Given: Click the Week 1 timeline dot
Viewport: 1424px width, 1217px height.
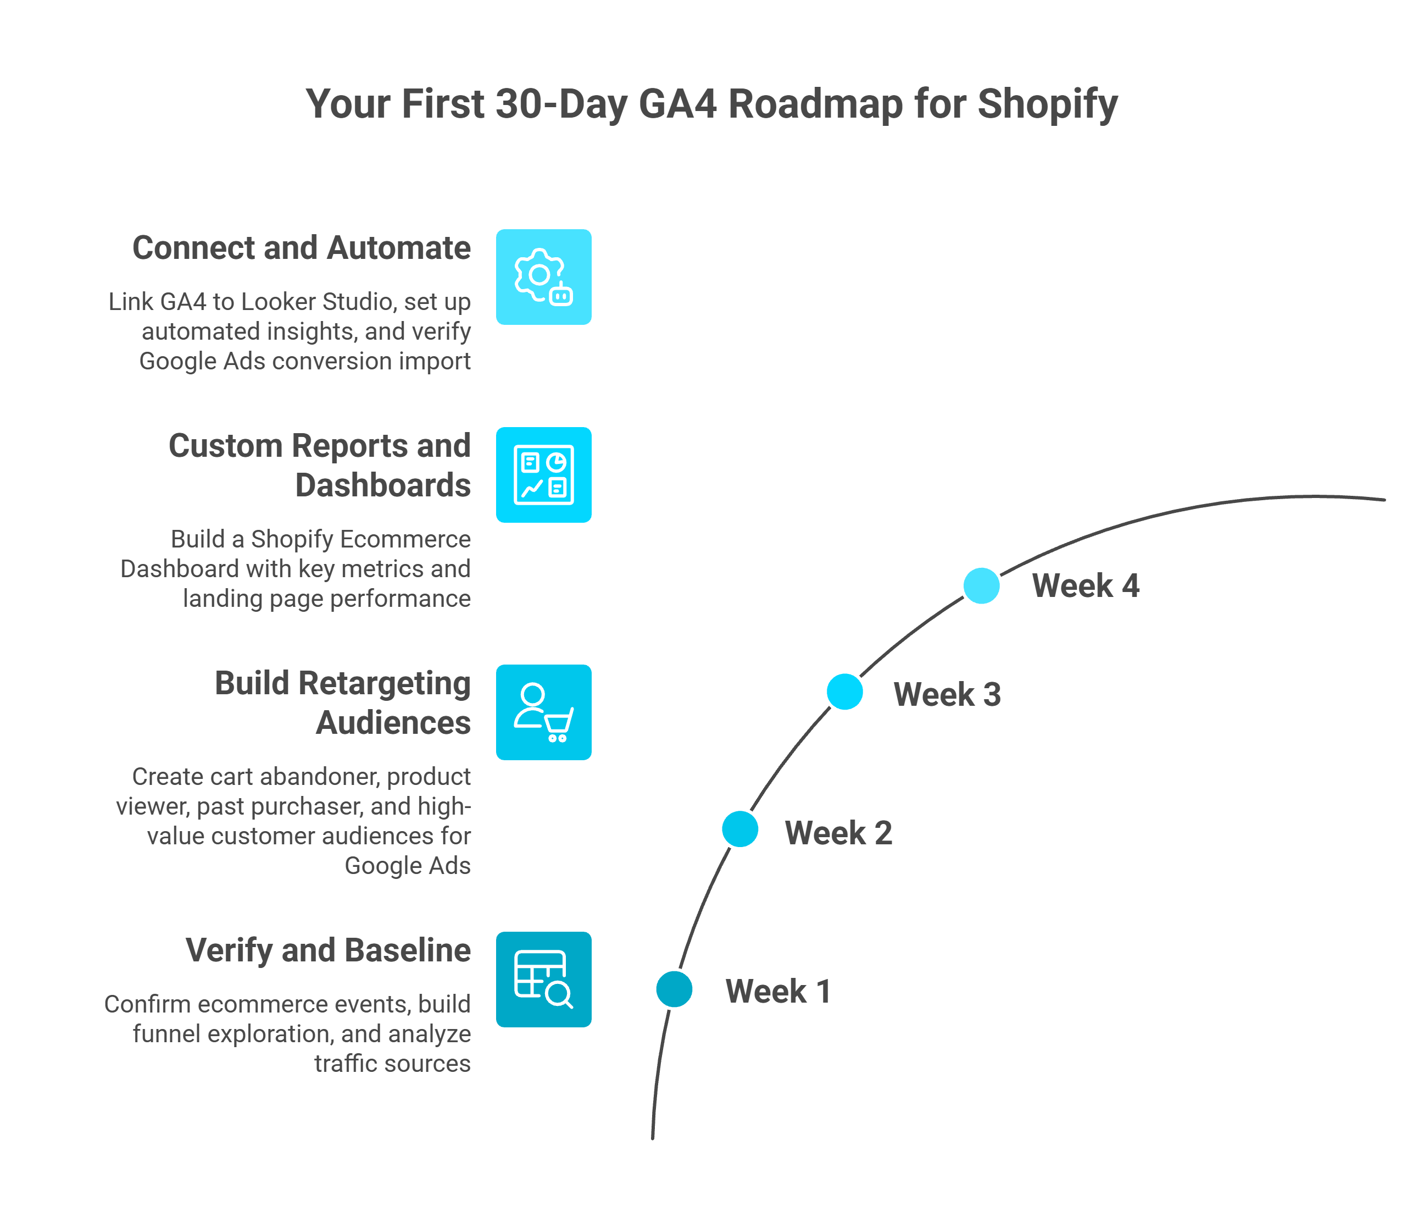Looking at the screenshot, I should point(674,989).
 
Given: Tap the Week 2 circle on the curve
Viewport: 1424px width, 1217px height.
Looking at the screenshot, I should point(739,829).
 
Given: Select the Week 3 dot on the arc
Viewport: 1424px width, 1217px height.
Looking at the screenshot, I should point(844,692).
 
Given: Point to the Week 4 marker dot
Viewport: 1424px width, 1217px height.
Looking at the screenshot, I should point(981,586).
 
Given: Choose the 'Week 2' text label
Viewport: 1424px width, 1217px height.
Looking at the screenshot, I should point(838,833).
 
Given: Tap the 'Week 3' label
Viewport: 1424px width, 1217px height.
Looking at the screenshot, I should point(947,694).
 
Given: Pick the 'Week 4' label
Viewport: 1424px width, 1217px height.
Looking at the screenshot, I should point(1086,586).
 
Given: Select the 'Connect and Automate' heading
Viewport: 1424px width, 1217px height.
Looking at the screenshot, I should point(301,248).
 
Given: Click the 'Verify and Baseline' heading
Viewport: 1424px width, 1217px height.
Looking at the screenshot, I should point(328,950).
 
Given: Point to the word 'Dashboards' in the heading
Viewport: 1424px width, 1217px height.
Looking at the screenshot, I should point(383,485).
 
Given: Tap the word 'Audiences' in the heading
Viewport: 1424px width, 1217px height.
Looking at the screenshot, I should point(393,723).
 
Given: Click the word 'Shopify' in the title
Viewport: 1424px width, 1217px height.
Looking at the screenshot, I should point(1047,104).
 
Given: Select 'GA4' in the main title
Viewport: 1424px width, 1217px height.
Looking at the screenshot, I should point(677,104).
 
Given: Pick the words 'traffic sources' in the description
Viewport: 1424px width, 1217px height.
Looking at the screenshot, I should point(392,1064).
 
